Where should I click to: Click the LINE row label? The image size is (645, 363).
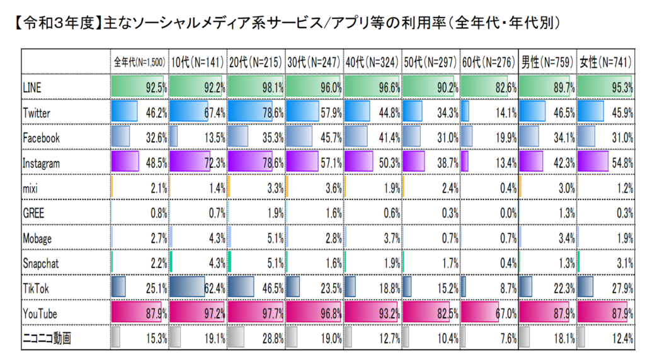(x=31, y=89)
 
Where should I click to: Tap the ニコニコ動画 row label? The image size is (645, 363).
(x=47, y=338)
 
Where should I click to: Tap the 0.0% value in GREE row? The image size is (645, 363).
(x=506, y=213)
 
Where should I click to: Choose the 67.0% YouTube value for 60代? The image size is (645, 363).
(x=505, y=313)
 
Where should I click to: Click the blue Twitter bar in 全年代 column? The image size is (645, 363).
(x=123, y=113)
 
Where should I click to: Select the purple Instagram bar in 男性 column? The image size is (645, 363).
(x=531, y=163)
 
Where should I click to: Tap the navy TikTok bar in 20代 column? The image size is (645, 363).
(x=241, y=288)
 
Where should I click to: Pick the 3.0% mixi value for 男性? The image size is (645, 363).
(x=564, y=188)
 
